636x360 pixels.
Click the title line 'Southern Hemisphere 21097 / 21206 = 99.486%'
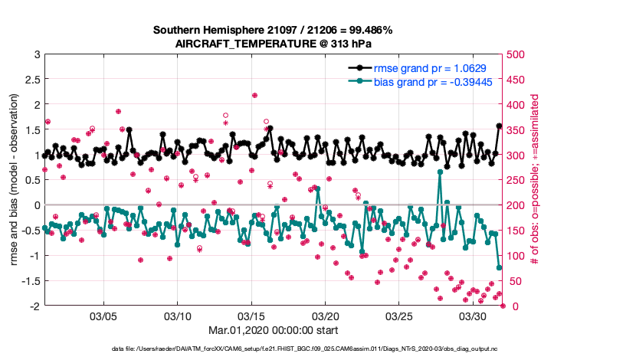coord(273,31)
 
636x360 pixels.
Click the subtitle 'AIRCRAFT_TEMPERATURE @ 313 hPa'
coord(273,44)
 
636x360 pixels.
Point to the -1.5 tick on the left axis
coord(30,281)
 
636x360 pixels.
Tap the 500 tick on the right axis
coord(517,54)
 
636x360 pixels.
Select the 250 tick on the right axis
coord(517,181)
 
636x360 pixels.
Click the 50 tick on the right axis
coord(514,281)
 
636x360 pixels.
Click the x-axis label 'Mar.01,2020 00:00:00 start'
coord(273,331)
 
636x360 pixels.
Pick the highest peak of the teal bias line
coord(440,172)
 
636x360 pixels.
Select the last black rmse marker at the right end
coord(500,126)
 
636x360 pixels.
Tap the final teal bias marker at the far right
coord(500,268)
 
